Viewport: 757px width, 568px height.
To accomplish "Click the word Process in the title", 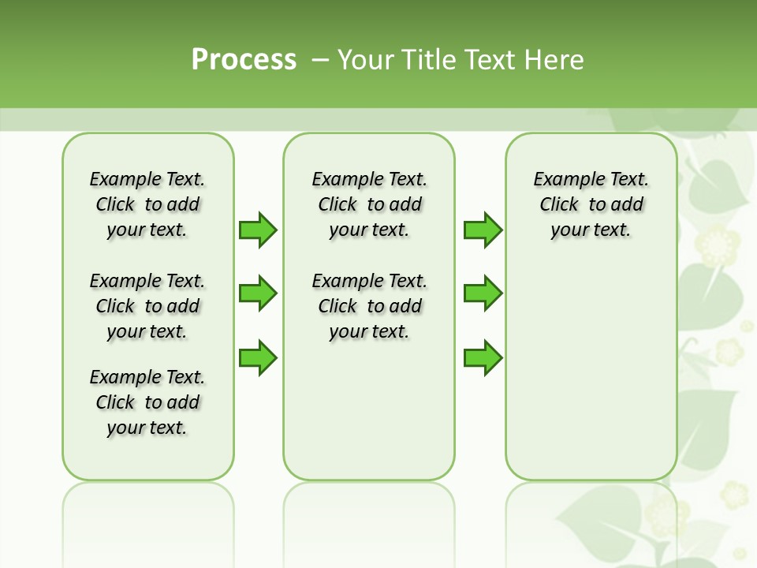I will (x=244, y=59).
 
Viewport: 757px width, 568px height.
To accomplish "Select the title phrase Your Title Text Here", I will (x=461, y=59).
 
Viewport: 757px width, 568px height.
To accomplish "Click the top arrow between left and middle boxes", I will (x=258, y=230).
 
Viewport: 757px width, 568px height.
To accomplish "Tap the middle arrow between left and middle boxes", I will (x=258, y=293).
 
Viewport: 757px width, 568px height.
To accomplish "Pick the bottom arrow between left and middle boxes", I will (x=258, y=357).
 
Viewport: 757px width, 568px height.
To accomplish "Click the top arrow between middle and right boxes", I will (x=483, y=230).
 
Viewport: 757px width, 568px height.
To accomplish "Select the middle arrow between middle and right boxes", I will (x=483, y=293).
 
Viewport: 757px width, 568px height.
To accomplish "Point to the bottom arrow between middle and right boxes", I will (x=483, y=357).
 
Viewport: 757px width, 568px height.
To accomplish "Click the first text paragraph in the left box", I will (x=147, y=204).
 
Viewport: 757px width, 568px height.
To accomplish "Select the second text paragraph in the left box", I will (x=147, y=306).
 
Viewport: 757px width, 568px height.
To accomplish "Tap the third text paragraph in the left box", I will (x=147, y=402).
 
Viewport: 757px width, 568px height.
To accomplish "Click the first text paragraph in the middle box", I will (x=369, y=204).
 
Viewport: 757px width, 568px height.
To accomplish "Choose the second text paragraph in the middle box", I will (x=369, y=306).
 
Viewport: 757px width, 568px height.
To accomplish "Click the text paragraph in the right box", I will (x=591, y=204).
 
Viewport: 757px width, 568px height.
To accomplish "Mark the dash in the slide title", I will (x=320, y=60).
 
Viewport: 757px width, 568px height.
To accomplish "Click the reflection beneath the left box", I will (x=148, y=521).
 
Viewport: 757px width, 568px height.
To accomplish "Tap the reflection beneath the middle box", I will (x=369, y=521).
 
